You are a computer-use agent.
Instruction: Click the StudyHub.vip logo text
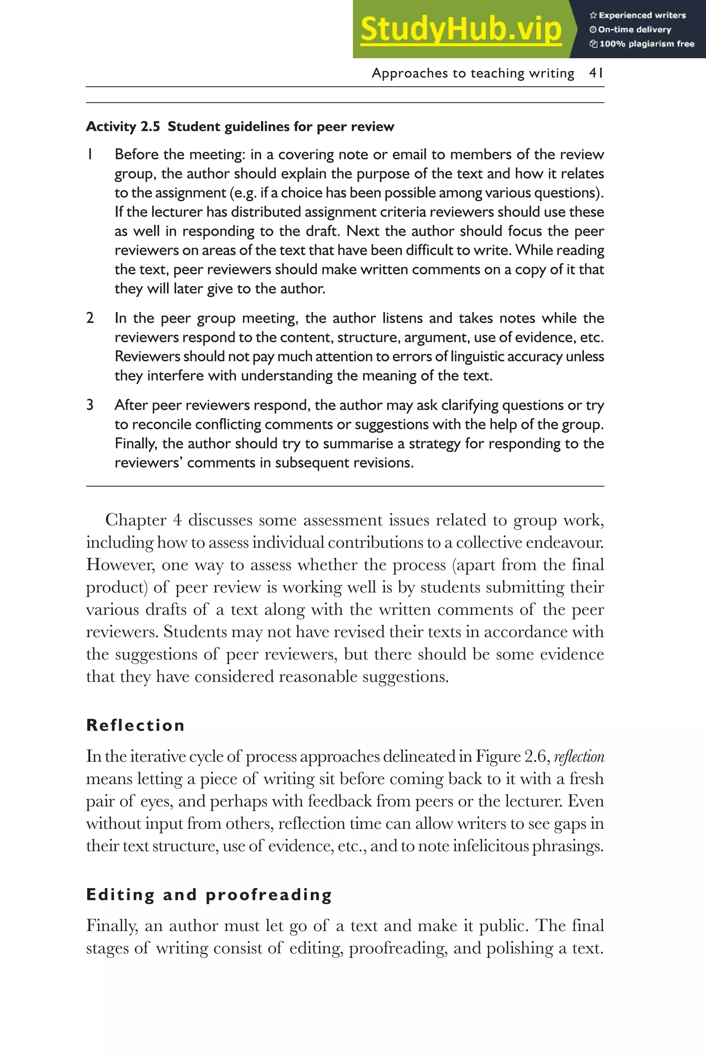[461, 30]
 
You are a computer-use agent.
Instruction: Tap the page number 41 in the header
[596, 73]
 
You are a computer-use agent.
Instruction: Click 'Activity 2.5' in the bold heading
[122, 127]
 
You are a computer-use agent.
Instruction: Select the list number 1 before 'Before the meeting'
[90, 154]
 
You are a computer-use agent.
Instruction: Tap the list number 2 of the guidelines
[90, 318]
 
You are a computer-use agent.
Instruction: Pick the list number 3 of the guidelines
[90, 405]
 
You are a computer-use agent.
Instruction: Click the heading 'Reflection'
[135, 725]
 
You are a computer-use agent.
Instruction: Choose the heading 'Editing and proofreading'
[209, 895]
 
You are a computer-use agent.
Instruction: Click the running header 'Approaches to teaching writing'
[473, 73]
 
